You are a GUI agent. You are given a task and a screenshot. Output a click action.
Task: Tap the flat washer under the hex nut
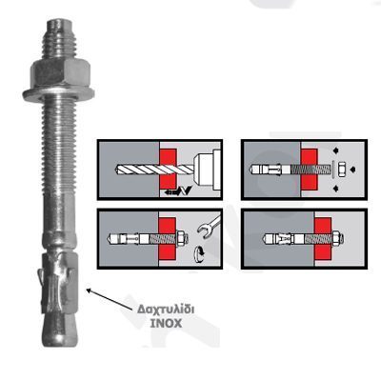tap(58, 94)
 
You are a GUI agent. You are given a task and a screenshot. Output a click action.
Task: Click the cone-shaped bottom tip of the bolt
tap(60, 331)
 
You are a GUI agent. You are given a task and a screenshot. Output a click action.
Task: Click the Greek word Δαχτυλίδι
tap(166, 310)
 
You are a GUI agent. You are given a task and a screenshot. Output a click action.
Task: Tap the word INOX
tap(166, 324)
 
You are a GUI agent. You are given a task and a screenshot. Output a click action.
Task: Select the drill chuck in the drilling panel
tap(207, 170)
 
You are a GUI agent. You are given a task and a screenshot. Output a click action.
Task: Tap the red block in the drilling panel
tap(168, 168)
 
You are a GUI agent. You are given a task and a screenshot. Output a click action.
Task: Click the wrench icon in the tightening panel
tap(209, 225)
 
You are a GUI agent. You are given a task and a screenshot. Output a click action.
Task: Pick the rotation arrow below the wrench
tap(199, 254)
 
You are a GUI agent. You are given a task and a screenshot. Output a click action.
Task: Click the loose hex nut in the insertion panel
tap(342, 169)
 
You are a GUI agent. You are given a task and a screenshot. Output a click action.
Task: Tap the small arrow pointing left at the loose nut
tap(352, 170)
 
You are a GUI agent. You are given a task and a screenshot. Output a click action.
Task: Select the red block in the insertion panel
tap(310, 169)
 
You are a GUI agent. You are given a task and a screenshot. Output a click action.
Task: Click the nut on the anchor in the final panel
tap(337, 239)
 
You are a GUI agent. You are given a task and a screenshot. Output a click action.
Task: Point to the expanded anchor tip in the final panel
tap(277, 239)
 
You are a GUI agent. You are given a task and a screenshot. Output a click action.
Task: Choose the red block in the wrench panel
tap(167, 238)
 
